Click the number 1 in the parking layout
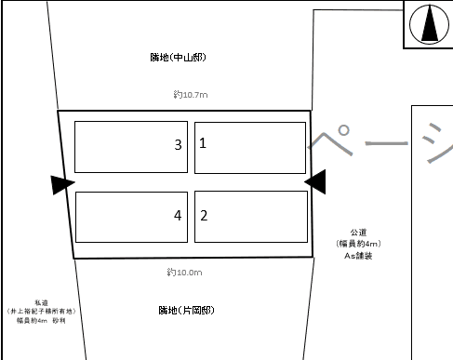[203, 143]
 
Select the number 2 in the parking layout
[203, 215]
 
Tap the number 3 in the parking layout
[177, 145]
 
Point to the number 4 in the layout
[177, 216]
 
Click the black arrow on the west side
[62, 185]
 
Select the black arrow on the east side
[315, 182]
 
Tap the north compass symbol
[428, 24]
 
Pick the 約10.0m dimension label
[185, 273]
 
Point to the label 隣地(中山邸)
[181, 58]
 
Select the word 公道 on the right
[358, 233]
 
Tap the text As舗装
[358, 254]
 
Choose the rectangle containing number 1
[250, 147]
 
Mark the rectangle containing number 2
[250, 216]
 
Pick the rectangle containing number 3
[130, 147]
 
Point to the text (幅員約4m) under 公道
[358, 244]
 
